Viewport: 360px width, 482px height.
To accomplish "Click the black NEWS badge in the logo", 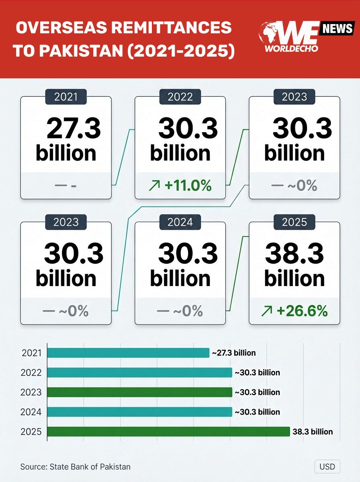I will [337, 29].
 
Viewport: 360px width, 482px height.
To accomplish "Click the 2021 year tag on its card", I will [65, 97].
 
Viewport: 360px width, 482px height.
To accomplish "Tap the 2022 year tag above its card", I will [180, 97].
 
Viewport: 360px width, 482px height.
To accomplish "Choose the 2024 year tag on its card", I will [180, 222].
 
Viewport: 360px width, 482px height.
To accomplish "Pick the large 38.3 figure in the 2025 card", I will [295, 254].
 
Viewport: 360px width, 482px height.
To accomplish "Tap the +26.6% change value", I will [301, 311].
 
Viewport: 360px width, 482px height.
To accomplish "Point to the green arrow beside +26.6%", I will [267, 311].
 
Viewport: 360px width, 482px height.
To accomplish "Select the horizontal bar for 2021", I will [128, 353].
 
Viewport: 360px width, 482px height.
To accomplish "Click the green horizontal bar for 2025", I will [168, 432].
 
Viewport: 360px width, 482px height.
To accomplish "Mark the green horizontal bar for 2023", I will [139, 392].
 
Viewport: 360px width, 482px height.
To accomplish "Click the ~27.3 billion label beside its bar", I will [233, 353].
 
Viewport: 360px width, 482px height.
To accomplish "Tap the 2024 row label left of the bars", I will [31, 412].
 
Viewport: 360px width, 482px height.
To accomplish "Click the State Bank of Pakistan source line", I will [76, 467].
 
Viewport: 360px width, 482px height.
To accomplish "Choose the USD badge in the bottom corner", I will [327, 467].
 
